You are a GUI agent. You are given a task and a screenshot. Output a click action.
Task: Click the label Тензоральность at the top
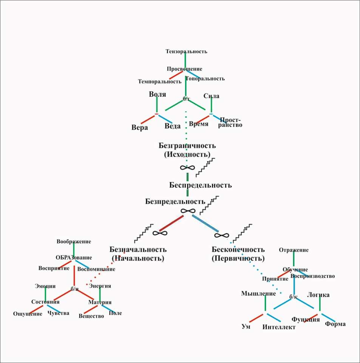186,51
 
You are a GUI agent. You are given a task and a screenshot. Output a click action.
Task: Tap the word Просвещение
184,69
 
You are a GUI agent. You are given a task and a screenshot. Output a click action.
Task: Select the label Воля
158,95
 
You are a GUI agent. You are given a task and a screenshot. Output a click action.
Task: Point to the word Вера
139,127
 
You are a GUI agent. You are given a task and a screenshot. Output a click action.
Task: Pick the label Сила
211,96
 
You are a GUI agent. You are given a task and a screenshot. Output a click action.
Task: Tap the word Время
199,124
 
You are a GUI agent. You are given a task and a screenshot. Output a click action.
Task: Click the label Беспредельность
200,185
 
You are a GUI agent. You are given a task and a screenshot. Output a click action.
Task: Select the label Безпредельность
175,202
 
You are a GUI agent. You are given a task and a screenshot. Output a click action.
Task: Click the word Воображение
74,241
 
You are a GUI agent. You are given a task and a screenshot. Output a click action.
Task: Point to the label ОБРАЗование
74,258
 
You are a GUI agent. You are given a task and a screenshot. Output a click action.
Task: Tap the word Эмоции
45,286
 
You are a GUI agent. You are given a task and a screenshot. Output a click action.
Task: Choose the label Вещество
91,316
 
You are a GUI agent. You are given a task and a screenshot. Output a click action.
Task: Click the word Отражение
294,250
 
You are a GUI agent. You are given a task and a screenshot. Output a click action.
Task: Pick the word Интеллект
279,327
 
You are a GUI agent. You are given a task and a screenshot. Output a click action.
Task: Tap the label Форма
335,324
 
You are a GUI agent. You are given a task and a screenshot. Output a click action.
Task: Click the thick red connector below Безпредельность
172,223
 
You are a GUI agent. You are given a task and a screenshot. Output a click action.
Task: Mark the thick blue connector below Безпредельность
205,223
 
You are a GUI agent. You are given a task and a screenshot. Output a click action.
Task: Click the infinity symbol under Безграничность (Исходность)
184,168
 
